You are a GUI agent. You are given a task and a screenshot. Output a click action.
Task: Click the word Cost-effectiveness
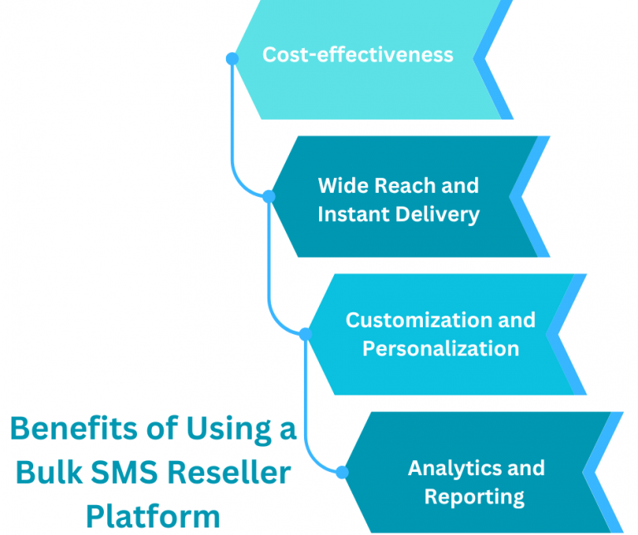pos(358,55)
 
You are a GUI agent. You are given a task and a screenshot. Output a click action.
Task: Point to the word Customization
pos(418,320)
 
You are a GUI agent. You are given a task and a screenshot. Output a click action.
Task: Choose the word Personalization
pos(441,348)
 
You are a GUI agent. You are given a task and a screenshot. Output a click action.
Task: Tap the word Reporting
pos(474,497)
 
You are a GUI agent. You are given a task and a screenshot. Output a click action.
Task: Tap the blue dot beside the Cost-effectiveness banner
pos(233,58)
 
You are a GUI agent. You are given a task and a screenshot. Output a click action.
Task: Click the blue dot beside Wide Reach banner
pos(268,196)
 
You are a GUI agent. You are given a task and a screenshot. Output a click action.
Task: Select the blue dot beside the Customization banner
pos(305,334)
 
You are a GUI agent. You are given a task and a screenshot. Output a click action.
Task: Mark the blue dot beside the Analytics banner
pos(341,472)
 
